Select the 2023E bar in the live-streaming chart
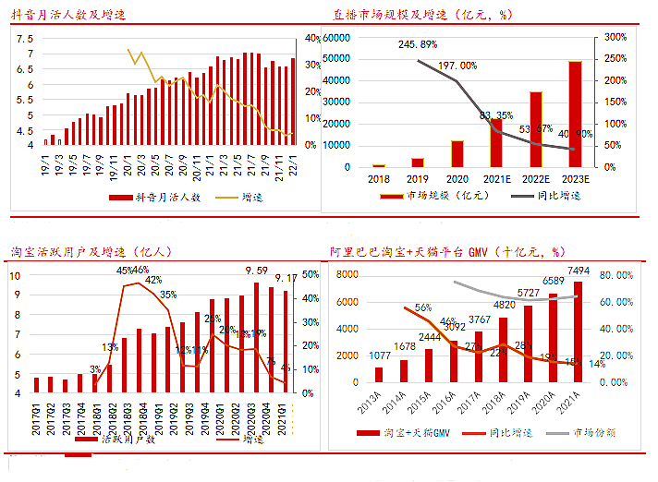575,114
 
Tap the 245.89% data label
418,44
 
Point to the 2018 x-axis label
379,179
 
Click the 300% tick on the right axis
615,37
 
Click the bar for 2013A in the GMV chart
379,374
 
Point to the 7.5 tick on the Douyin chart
25,38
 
